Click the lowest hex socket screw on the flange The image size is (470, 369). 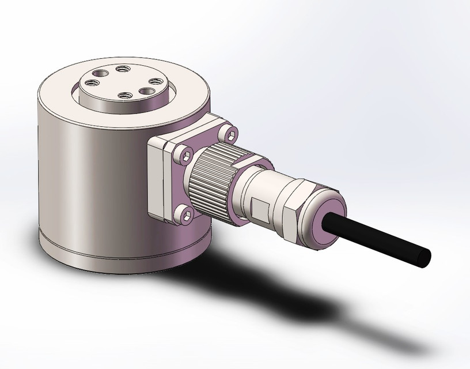click(187, 214)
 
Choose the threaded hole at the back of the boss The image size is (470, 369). click(121, 70)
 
